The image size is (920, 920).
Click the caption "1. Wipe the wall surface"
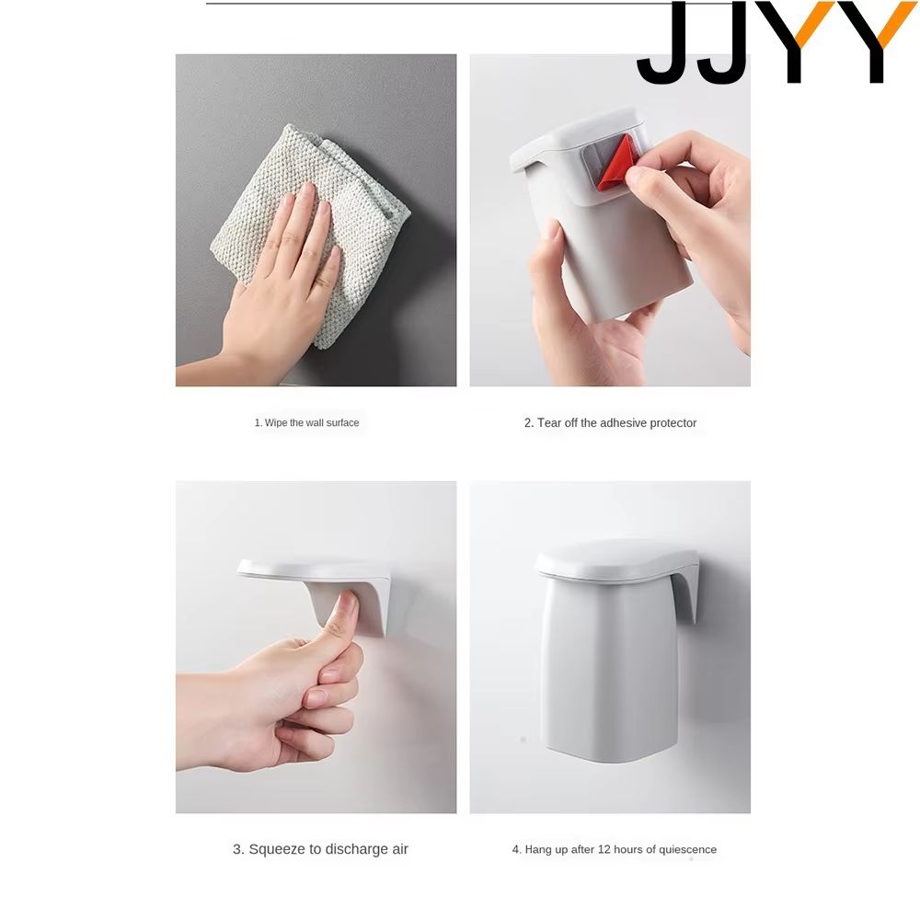306,423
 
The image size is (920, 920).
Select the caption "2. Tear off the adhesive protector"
610,423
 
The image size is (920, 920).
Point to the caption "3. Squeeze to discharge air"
320,849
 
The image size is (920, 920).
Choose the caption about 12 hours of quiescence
614,849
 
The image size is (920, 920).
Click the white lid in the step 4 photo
615,558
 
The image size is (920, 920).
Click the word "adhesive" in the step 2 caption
626,423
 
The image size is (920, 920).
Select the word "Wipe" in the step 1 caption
276,423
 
